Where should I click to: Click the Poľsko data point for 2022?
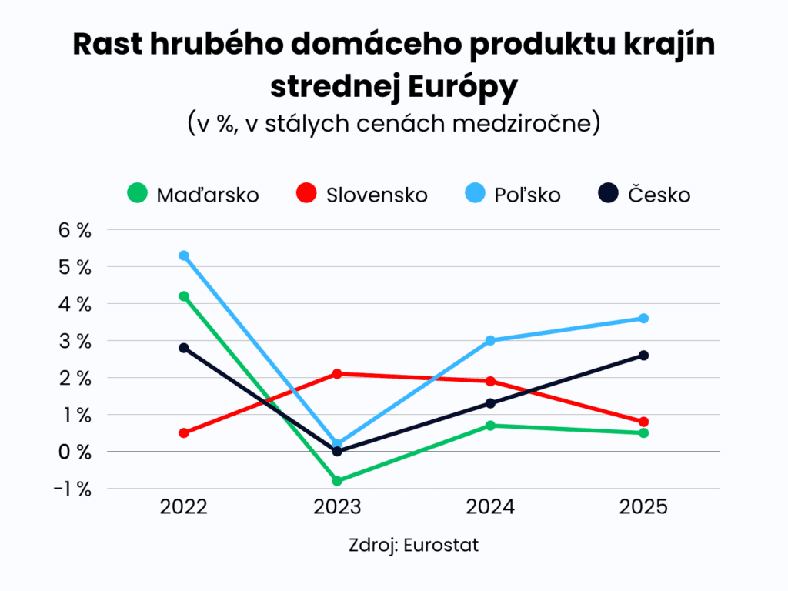[x=184, y=255]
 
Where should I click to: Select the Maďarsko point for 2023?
[x=337, y=481]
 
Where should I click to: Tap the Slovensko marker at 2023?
[x=337, y=374]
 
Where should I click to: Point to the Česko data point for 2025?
[x=643, y=356]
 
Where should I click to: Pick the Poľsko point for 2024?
[x=490, y=340]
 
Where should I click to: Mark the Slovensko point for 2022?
[x=184, y=432]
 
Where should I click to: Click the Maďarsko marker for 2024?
[x=490, y=426]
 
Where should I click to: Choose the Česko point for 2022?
[x=184, y=348]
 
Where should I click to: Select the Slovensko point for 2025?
[x=643, y=422]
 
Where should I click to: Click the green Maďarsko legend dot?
[x=137, y=194]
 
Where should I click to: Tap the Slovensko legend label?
[x=376, y=195]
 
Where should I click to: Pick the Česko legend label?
[x=659, y=195]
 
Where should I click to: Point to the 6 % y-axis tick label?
[x=74, y=230]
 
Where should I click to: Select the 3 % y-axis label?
[x=74, y=341]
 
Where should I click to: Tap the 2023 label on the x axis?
[x=337, y=508]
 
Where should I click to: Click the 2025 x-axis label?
[x=643, y=508]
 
